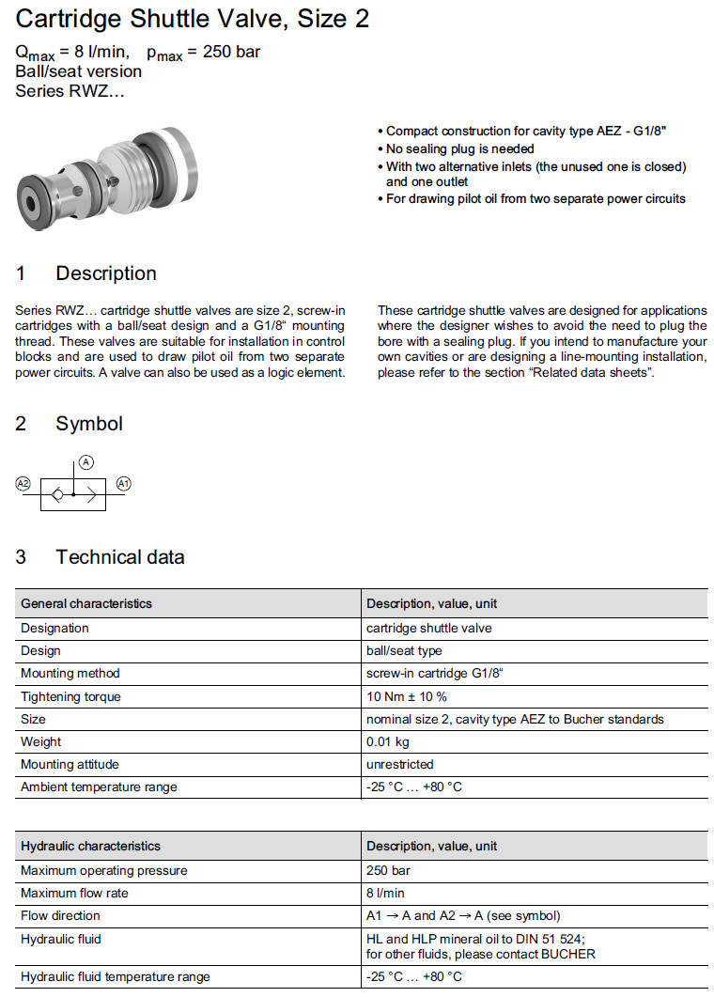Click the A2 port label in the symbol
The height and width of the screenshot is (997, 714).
23,483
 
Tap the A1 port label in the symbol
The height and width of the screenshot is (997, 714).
123,483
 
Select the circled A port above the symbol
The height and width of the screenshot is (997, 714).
85,461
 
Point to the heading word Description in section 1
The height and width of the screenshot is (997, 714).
106,273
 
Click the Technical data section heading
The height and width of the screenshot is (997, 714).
119,557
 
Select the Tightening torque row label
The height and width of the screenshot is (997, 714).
70,696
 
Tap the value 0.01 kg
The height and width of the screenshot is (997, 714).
387,741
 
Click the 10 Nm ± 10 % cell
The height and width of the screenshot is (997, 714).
407,696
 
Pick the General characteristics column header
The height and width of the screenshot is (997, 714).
86,603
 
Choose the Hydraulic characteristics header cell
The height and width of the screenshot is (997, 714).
90,846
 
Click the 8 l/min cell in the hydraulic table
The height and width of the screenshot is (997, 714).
385,893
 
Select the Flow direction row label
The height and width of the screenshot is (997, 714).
60,915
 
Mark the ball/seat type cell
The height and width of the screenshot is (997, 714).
404,650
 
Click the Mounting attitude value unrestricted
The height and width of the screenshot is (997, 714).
399,764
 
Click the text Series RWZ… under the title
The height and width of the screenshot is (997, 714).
70,91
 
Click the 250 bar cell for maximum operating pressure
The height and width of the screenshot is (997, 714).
388,870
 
